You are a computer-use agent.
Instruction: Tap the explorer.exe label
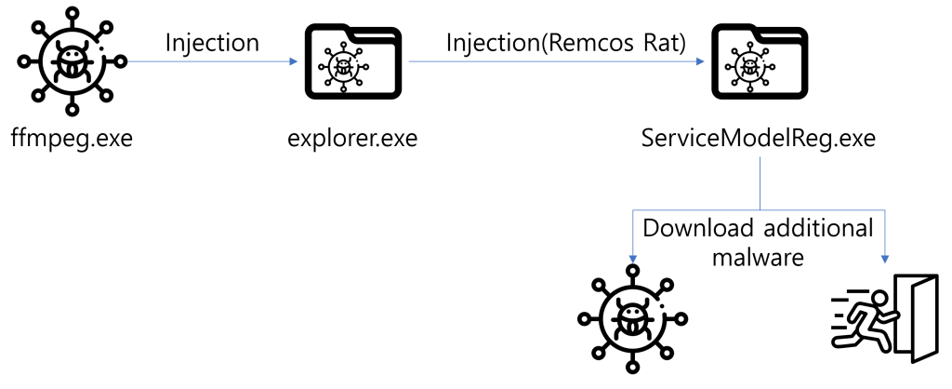click(352, 140)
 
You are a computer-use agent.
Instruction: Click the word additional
click(815, 229)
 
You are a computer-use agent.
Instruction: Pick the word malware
click(758, 257)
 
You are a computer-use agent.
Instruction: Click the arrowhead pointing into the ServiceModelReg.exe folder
click(702, 62)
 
